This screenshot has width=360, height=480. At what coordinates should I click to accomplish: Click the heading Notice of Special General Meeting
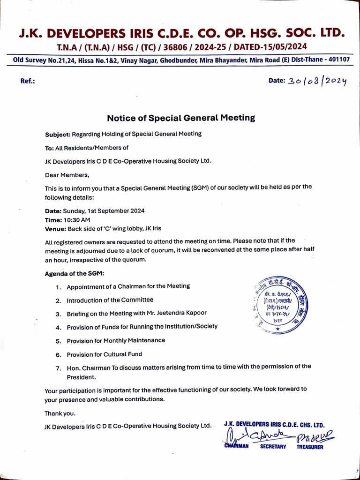(181, 118)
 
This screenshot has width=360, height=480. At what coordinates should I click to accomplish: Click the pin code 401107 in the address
(337, 60)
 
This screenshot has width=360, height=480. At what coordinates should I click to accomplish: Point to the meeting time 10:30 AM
(77, 219)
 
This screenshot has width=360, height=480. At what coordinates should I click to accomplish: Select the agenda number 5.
(59, 340)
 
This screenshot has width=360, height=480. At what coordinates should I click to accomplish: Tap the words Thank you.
(60, 413)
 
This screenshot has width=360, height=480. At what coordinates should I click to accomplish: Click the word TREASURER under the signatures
(309, 447)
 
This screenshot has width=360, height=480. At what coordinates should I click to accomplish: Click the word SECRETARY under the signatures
(273, 447)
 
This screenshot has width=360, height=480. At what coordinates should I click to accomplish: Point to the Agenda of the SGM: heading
(75, 273)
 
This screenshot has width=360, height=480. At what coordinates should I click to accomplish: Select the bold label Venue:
(55, 228)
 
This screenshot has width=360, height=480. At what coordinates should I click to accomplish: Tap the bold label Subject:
(58, 134)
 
